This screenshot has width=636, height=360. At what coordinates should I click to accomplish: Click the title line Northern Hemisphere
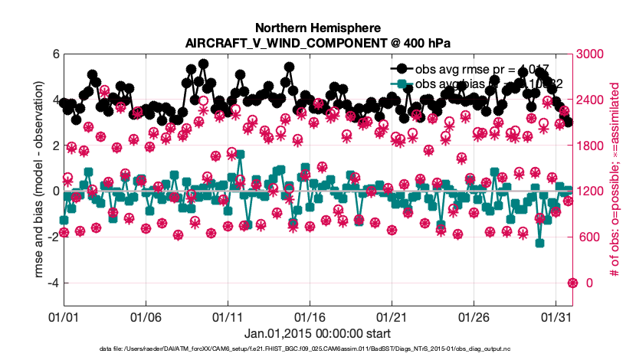(x=317, y=25)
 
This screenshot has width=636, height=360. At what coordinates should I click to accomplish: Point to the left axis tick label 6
(x=55, y=54)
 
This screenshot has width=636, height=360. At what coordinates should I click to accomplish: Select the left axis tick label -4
(x=52, y=283)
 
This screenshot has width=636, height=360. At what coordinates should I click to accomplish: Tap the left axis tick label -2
(x=52, y=237)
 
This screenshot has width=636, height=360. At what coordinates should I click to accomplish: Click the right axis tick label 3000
(x=592, y=54)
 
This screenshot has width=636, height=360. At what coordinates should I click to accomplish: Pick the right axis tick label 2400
(x=592, y=100)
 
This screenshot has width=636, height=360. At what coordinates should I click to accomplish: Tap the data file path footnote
(x=317, y=349)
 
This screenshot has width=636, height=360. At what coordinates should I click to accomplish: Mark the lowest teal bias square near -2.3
(x=540, y=244)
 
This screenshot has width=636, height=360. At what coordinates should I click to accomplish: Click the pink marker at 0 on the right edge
(x=572, y=283)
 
